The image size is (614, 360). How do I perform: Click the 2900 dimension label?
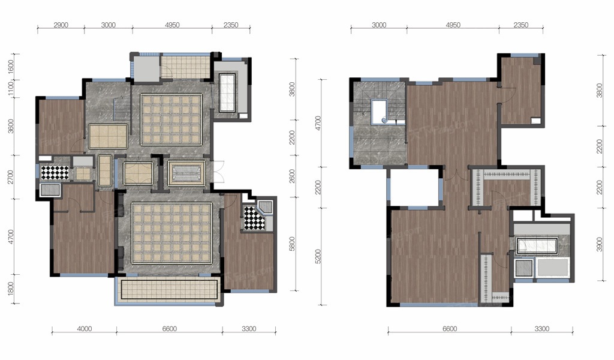pos(61,25)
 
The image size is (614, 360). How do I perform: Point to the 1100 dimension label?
pos(11,89)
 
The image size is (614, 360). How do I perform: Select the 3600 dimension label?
pos(11,126)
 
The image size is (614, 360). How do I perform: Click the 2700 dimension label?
pos(11,176)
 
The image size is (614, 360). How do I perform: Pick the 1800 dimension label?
pos(11,289)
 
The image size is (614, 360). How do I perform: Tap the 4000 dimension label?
pos(84,329)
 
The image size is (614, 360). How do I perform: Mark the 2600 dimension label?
pos(292,176)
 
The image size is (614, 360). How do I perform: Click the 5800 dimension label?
pos(292,244)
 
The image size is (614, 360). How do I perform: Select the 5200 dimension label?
pos(318,256)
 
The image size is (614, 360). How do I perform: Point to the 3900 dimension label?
pos(600,244)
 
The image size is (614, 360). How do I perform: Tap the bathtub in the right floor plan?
pos(537,245)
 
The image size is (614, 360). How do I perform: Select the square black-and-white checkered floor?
pos(55,173)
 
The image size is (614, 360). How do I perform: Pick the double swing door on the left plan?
pos(218,172)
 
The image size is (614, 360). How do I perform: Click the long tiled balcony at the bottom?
pos(169,290)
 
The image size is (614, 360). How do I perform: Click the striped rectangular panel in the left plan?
pos(186,173)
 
